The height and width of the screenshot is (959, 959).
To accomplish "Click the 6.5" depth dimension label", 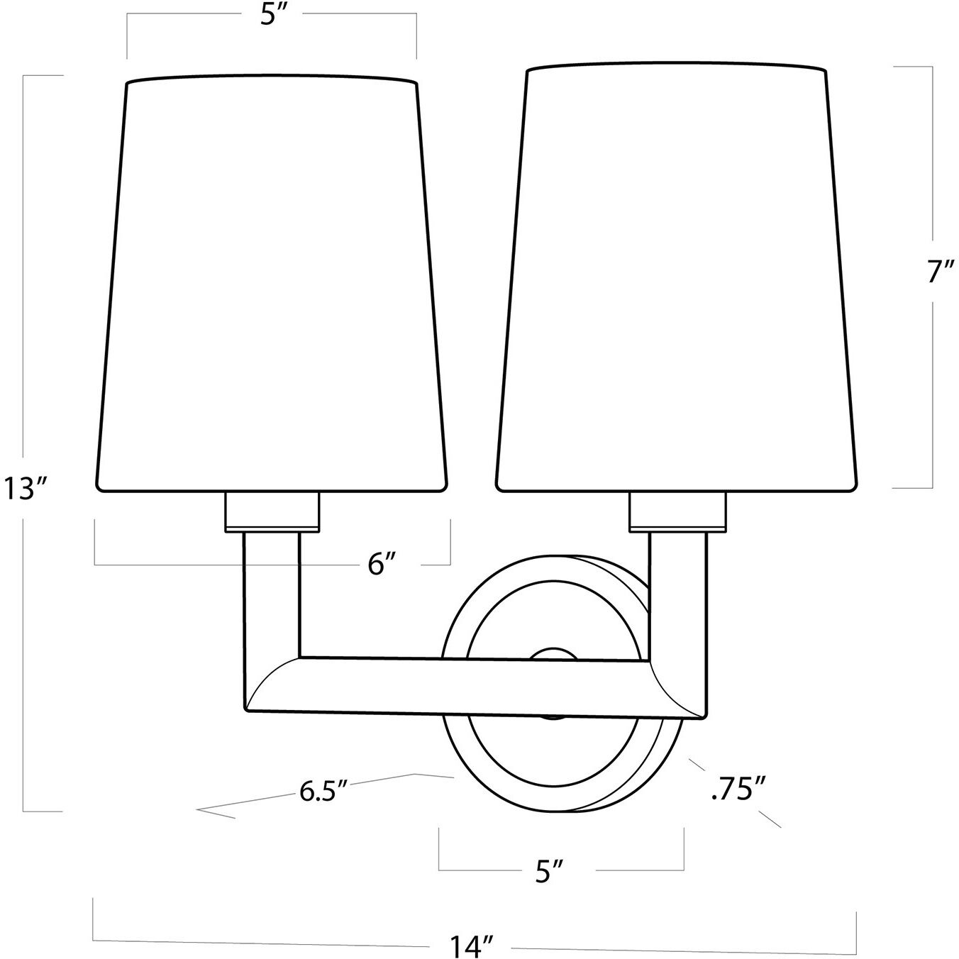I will tap(323, 791).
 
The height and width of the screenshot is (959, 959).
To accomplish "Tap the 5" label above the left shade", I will tap(271, 16).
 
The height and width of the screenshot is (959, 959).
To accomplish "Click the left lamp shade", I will tap(271, 284).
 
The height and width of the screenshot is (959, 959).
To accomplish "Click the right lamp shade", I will tap(677, 277).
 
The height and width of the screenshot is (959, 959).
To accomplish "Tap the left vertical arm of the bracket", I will tap(272, 596).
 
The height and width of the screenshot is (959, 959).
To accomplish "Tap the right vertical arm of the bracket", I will tap(678, 596).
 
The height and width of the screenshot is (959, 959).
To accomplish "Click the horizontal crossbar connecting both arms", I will tap(468, 685).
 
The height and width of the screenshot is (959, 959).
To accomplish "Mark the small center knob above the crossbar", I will tap(555, 653).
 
